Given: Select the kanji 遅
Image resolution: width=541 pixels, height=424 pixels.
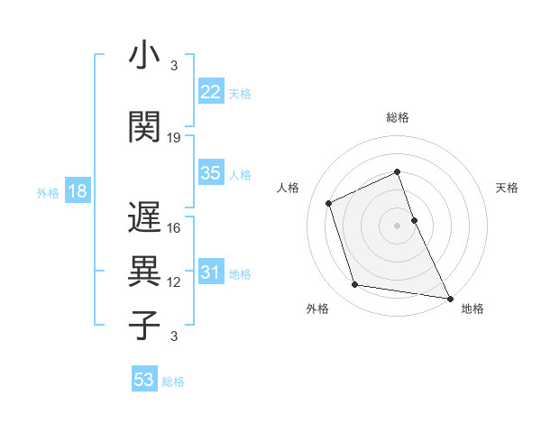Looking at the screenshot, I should coord(144,219).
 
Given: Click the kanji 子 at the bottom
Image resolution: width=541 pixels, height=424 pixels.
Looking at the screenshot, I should coord(144,326).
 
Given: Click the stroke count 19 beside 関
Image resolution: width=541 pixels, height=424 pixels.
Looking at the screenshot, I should coord(174,138).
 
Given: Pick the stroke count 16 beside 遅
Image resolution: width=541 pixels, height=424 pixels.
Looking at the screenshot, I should coord(174,228).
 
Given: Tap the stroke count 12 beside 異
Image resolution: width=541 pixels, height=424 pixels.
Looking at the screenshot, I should coord(174,282).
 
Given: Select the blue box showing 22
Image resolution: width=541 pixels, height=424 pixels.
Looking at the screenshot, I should coord(211,91).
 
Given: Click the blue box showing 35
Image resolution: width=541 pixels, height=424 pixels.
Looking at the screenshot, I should coord(211,173).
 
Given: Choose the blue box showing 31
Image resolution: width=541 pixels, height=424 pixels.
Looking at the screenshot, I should coord(211,272).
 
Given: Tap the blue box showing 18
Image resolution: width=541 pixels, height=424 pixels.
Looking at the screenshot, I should coord(77,191).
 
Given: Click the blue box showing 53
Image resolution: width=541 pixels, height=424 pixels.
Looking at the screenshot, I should coord(143,380).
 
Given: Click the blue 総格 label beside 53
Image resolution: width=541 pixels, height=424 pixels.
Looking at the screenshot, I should coord(174,382).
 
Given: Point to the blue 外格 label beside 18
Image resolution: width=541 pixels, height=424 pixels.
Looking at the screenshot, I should coord(48,192).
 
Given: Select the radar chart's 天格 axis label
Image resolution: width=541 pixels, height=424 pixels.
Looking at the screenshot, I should coord(507,188).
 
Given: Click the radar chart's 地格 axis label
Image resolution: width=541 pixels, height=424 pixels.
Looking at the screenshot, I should coord(472,309).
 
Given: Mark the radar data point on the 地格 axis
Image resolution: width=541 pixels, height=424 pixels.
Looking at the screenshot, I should coord(449,297).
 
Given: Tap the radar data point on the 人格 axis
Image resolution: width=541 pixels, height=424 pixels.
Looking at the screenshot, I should coord(330,202).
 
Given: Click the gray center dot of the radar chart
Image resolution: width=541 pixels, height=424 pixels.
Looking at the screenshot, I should coord(397,225).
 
